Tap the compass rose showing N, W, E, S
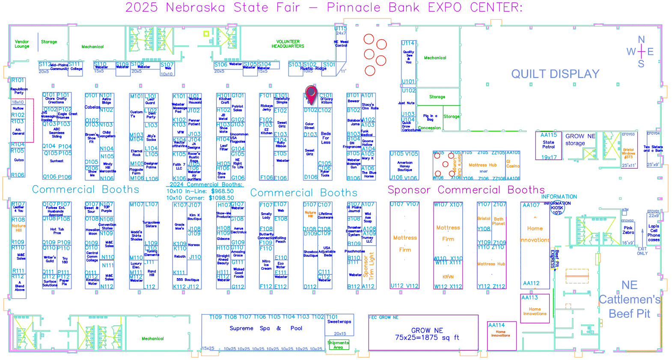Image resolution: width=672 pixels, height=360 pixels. (641, 52)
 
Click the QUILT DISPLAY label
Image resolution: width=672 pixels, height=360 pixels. (555, 74)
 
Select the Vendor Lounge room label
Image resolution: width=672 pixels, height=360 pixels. (22, 44)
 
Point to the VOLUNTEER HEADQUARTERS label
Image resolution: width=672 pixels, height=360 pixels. (288, 44)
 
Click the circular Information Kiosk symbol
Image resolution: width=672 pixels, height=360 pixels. (557, 208)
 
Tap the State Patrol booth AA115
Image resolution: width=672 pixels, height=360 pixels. (548, 145)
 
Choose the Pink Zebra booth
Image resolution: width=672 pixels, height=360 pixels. (628, 230)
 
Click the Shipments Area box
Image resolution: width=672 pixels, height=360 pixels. (338, 345)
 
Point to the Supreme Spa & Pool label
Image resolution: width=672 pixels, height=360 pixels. (266, 328)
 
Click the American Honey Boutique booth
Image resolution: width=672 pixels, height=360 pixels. (404, 166)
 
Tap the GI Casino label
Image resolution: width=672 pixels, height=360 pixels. (513, 164)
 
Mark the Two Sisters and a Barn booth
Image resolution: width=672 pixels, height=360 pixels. (653, 149)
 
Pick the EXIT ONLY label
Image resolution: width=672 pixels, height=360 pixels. (642, 251)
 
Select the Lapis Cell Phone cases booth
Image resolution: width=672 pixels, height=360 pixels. (654, 233)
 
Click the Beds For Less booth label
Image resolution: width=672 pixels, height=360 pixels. (326, 138)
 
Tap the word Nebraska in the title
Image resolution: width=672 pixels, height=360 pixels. (196, 7)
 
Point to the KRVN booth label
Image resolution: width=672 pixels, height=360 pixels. (448, 277)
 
